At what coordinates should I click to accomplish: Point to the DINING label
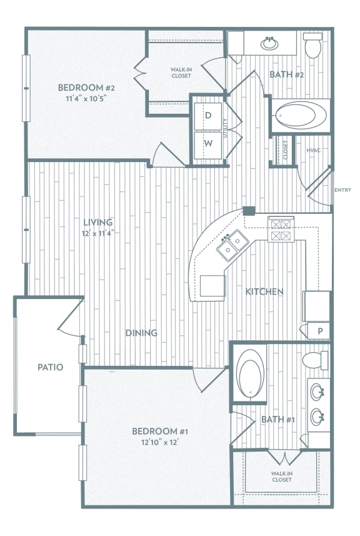pyautogui.click(x=141, y=333)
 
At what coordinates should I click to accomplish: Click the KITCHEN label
pyautogui.click(x=264, y=291)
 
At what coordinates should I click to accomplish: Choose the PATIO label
pyautogui.click(x=50, y=367)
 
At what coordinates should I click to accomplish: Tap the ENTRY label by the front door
pyautogui.click(x=342, y=190)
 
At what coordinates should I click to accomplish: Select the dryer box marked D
pyautogui.click(x=208, y=116)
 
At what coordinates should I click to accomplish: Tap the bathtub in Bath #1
pyautogui.click(x=251, y=374)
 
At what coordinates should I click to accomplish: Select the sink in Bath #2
pyautogui.click(x=269, y=44)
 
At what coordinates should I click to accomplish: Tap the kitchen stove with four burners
pyautogui.click(x=281, y=230)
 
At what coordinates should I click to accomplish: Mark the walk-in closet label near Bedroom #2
pyautogui.click(x=181, y=73)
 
